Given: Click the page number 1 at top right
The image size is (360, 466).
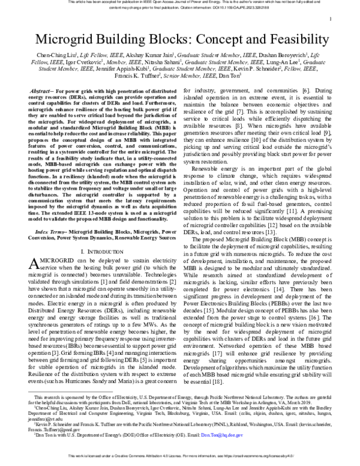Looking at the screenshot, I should click(331, 20).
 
